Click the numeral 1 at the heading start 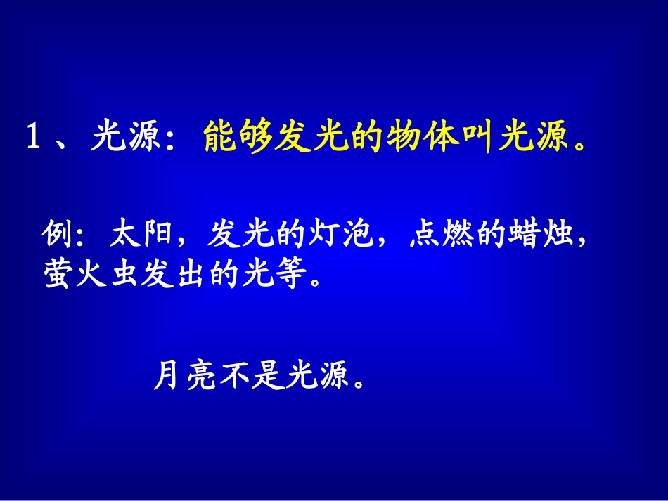[33, 137]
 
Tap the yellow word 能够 [235, 137]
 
